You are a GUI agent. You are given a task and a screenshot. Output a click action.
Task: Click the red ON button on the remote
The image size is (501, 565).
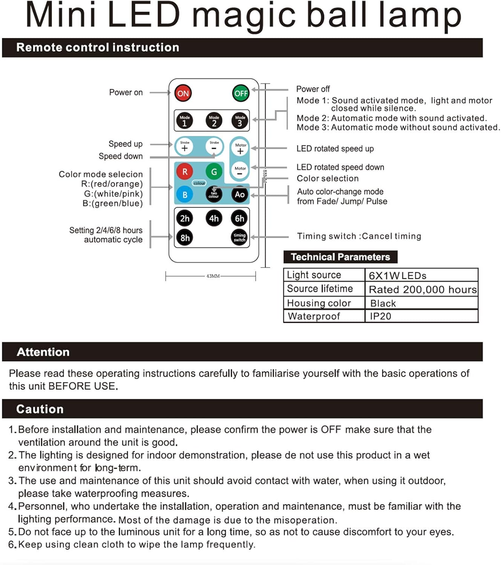click(x=183, y=93)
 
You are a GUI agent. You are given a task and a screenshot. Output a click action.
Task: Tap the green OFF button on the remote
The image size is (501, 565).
click(x=241, y=93)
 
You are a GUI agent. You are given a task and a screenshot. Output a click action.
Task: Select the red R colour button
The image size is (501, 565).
click(x=185, y=172)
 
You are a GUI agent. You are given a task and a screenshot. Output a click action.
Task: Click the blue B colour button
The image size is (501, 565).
click(x=185, y=195)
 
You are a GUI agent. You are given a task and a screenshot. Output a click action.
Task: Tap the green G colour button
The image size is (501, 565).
click(x=214, y=172)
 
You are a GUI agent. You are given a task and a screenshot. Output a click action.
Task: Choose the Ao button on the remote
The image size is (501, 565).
click(x=240, y=194)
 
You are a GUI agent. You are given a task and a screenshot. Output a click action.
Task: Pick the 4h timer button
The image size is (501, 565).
click(x=214, y=218)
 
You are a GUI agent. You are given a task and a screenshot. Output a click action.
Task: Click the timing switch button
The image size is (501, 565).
click(x=240, y=238)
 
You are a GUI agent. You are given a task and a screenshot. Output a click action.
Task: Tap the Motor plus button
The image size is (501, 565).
click(x=241, y=149)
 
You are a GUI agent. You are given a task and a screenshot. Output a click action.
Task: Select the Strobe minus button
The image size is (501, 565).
click(x=214, y=146)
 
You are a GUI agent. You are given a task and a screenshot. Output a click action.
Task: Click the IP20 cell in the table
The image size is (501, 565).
click(x=381, y=316)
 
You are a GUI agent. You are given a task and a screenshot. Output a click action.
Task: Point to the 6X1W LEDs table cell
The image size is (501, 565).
click(x=398, y=276)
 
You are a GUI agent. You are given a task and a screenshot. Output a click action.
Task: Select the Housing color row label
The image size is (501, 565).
click(x=319, y=303)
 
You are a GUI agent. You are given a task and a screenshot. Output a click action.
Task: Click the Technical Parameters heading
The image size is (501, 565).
click(x=340, y=257)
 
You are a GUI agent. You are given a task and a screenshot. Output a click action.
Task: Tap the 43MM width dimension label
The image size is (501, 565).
click(x=213, y=276)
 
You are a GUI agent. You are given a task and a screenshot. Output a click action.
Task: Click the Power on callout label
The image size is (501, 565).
click(x=126, y=92)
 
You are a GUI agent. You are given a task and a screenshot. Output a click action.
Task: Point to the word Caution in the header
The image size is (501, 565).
click(x=40, y=409)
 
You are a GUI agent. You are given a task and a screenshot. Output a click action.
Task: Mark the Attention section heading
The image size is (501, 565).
click(x=43, y=352)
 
